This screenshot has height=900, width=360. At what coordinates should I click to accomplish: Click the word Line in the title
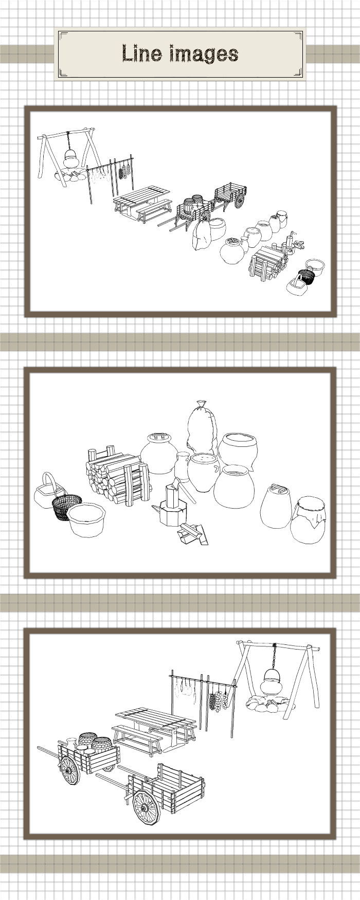138,53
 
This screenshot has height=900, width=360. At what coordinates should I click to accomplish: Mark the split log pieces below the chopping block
193,533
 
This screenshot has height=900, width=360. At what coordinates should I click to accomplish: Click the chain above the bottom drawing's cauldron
275,656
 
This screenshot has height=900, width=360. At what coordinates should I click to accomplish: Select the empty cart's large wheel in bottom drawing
146,808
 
